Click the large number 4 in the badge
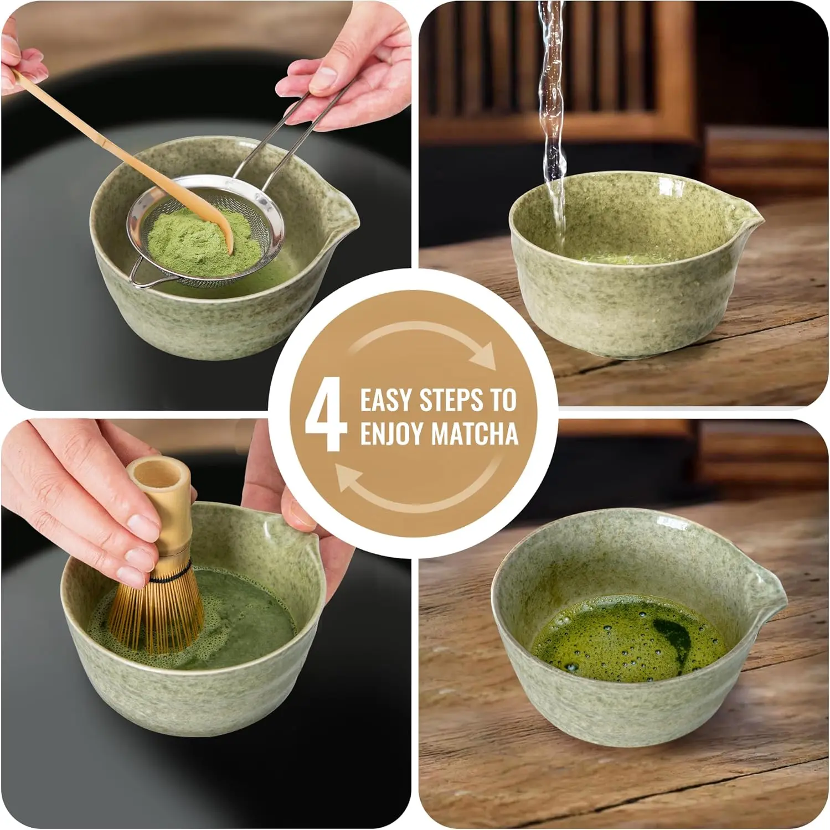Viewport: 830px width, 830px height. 326,414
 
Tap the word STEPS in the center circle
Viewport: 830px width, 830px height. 451,400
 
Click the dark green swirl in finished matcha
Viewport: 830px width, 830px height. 673,636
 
